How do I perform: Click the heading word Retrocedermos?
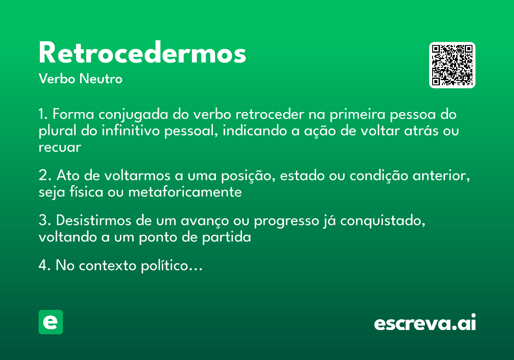142,54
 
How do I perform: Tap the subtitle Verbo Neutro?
80,79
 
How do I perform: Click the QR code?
452,65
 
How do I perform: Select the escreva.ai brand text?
425,323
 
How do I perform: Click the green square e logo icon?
51,322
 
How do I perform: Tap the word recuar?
60,147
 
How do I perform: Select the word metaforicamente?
185,192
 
